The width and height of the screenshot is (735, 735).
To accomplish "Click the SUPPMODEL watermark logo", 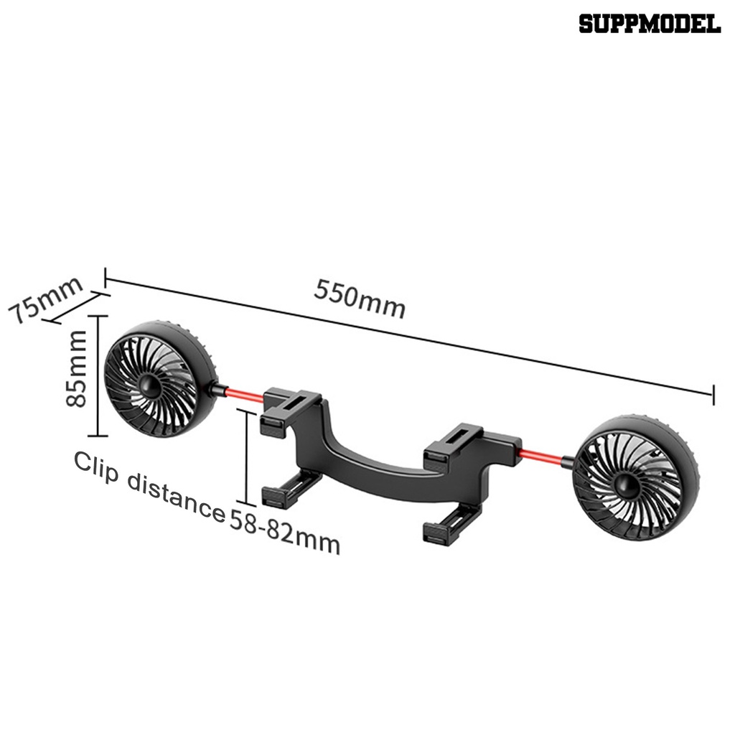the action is pyautogui.click(x=649, y=24).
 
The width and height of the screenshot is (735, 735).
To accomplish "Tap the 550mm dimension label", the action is pyautogui.click(x=360, y=299).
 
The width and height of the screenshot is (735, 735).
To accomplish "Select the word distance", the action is pyautogui.click(x=176, y=495).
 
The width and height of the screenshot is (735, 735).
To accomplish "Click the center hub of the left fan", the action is pyautogui.click(x=151, y=385).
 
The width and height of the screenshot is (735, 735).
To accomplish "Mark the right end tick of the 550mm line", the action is pyautogui.click(x=713, y=394).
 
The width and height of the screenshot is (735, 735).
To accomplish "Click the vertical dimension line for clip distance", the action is pyautogui.click(x=247, y=458).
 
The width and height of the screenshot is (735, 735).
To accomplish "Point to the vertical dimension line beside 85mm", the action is pyautogui.click(x=98, y=375).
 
